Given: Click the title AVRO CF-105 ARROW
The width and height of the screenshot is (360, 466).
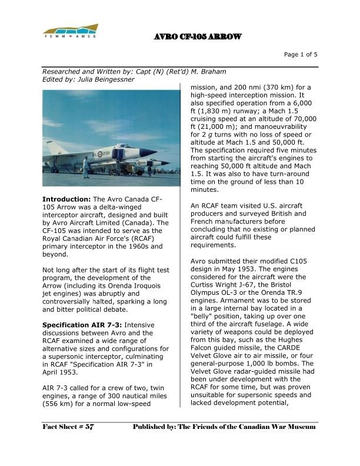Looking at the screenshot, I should [198, 37].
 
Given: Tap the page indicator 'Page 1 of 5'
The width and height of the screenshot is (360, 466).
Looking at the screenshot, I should [301, 55].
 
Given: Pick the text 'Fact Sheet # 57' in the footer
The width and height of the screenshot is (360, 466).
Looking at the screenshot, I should [68, 426].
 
